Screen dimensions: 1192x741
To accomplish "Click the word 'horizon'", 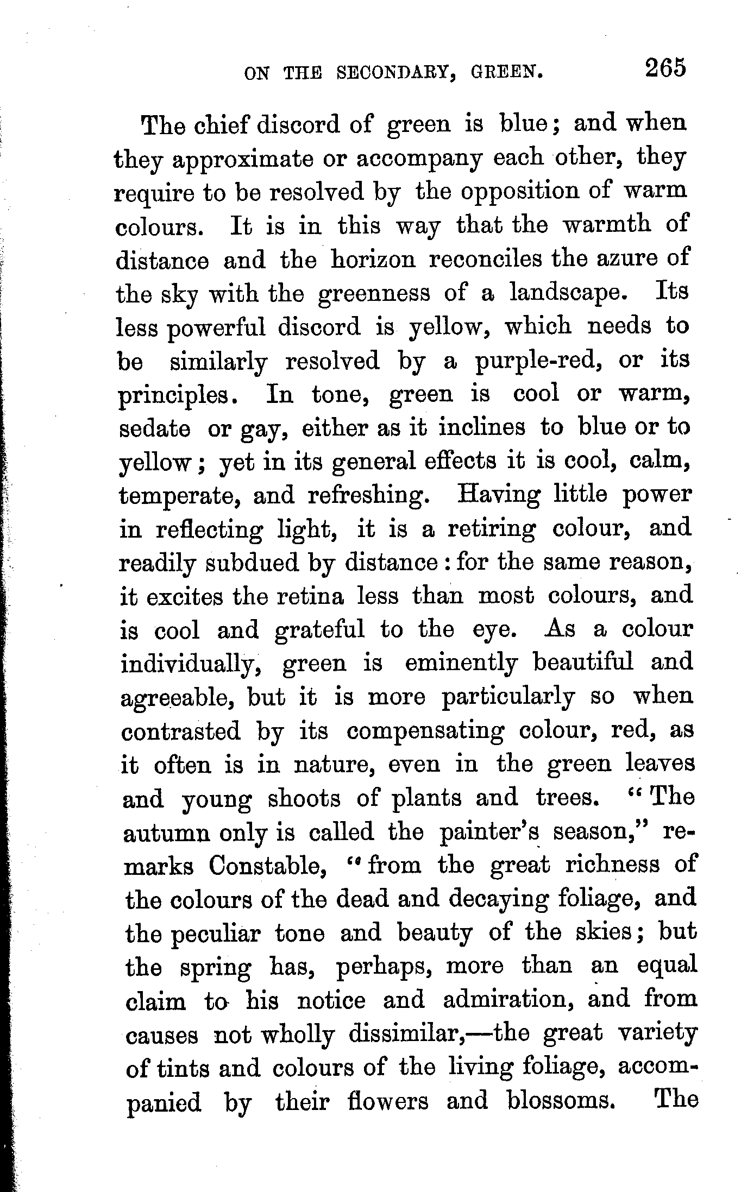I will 373,260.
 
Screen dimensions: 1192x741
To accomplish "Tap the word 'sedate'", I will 154,429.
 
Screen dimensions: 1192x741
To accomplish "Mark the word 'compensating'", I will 425,731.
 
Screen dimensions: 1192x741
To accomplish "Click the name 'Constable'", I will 263,866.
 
